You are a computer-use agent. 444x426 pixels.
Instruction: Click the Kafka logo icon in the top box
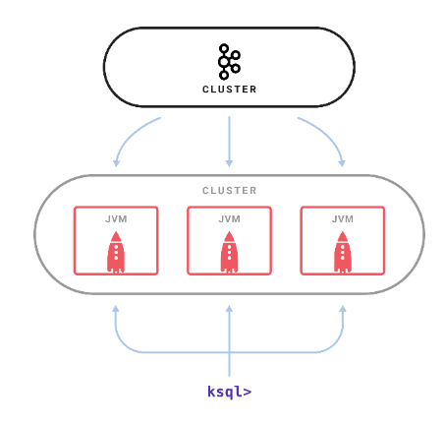229,62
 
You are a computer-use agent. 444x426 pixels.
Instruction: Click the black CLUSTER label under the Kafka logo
229,90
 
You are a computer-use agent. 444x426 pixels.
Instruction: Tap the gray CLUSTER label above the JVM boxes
229,191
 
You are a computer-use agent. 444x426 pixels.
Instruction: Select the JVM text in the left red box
116,219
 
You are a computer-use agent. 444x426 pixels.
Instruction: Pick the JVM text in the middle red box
229,219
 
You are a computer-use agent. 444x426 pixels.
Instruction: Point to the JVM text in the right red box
343,219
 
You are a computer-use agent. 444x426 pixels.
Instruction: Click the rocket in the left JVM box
116,252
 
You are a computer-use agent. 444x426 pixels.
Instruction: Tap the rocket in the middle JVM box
229,252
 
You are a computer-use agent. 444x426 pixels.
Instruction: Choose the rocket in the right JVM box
343,252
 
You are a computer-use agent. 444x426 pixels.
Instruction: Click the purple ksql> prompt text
229,392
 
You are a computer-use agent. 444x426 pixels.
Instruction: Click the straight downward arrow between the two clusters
229,142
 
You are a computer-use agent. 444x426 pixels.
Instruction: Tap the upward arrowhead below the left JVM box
116,309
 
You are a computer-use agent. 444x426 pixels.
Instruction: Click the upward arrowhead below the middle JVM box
229,309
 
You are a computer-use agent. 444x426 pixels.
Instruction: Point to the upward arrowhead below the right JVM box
343,309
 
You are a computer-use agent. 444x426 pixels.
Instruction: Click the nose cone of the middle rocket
229,236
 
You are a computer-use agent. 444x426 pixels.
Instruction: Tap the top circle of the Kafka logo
224,48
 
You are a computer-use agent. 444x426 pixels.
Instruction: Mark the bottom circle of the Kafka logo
224,75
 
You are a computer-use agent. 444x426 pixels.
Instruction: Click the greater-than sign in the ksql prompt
248,392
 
